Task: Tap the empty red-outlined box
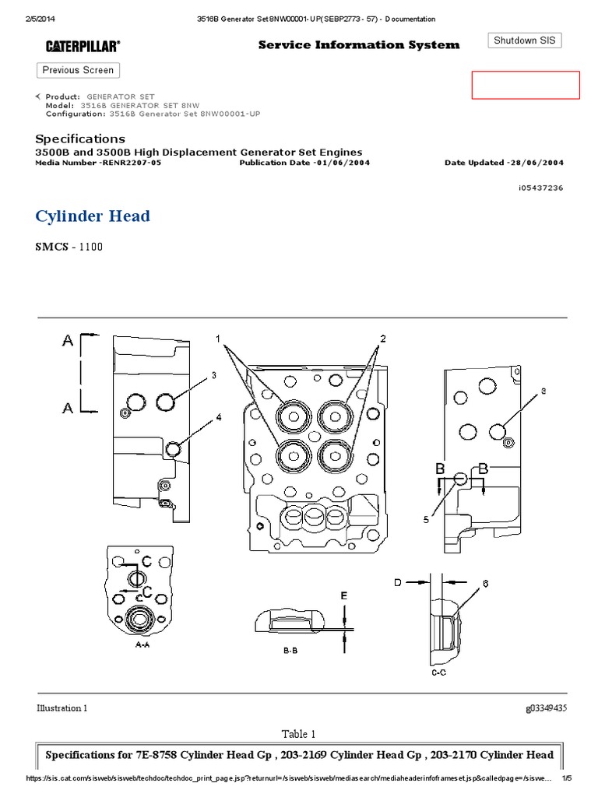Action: [x=526, y=85]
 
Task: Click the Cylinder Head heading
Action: [x=93, y=216]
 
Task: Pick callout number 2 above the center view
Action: [x=383, y=339]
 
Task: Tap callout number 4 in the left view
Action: [x=219, y=417]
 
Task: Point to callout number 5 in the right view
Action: [x=426, y=521]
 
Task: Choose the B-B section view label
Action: [x=290, y=651]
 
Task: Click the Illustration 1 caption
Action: [x=62, y=708]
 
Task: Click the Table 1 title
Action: [x=299, y=734]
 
